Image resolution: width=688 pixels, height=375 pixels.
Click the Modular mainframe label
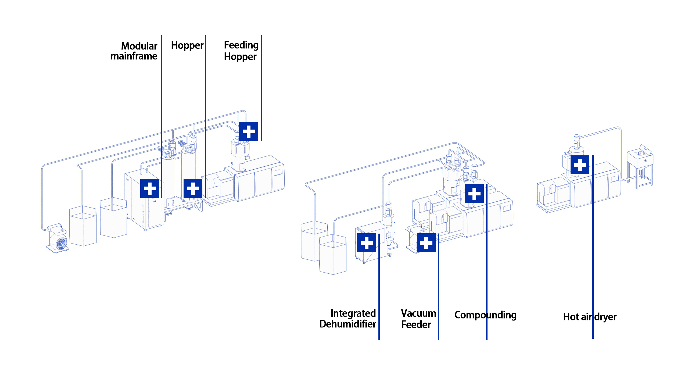click(134, 51)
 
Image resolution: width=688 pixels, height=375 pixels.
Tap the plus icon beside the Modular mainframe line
click(150, 188)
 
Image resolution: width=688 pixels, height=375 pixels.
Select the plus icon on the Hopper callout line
click(193, 188)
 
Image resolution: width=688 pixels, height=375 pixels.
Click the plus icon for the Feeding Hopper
click(249, 131)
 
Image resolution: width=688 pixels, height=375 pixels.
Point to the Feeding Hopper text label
click(241, 51)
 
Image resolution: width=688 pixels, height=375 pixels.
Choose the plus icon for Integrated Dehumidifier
click(367, 243)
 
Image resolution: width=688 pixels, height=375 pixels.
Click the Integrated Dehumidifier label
click(348, 319)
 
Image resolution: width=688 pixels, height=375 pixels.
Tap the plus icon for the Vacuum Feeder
click(426, 243)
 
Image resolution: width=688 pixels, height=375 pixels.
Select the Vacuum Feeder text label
click(418, 319)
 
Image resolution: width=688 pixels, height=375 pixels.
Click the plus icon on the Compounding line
click(474, 194)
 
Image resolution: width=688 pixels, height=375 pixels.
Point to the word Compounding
click(485, 315)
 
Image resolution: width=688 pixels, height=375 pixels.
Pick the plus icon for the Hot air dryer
click(580, 165)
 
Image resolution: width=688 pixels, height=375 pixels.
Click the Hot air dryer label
click(590, 317)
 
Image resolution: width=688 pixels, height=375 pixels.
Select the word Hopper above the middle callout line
click(187, 45)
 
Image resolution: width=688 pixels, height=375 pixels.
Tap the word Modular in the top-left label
click(139, 46)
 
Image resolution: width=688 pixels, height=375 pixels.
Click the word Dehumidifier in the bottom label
click(348, 324)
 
